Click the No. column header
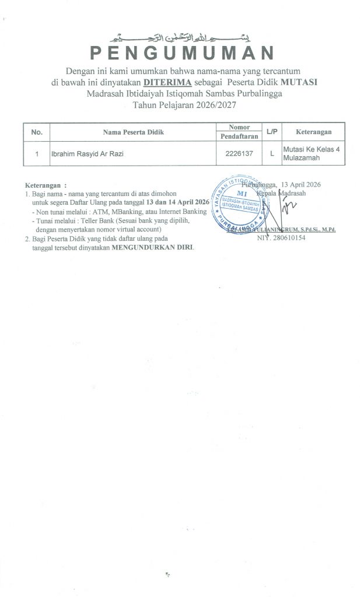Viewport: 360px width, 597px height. tap(37, 132)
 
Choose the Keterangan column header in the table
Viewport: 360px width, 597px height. tap(314, 132)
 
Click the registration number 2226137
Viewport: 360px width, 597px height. tap(239, 154)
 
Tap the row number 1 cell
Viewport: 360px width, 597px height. tap(37, 154)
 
